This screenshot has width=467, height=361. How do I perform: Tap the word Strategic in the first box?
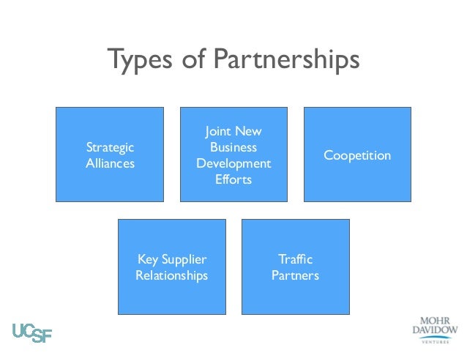(x=110, y=147)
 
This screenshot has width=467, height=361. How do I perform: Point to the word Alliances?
(x=110, y=163)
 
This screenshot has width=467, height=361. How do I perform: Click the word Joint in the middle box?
(x=219, y=132)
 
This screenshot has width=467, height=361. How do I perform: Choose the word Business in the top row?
(x=233, y=147)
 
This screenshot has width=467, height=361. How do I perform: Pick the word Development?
(x=233, y=163)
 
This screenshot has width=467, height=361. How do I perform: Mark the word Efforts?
(x=233, y=179)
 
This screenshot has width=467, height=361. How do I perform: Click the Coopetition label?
(x=357, y=155)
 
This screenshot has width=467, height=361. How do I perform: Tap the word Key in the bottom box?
(x=149, y=259)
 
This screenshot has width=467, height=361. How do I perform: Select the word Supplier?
(x=184, y=259)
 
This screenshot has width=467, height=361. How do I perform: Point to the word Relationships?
(x=172, y=275)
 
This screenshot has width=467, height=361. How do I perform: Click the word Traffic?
(x=295, y=259)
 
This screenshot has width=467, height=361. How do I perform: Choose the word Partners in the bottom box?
(x=295, y=275)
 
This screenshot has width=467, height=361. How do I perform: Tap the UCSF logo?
(x=32, y=332)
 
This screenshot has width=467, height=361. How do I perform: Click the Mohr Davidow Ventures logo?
(x=434, y=330)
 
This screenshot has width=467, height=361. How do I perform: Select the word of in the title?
(x=193, y=61)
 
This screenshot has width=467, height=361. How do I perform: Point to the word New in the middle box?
(x=249, y=132)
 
